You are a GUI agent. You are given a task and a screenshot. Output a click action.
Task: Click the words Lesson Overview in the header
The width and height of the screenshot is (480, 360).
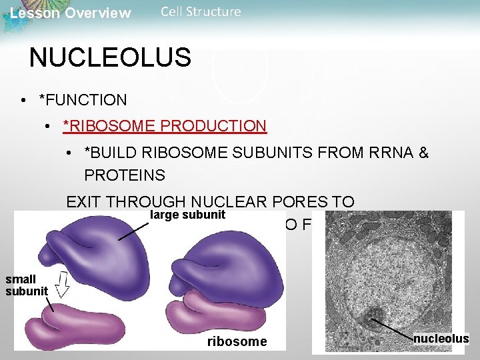(x=71, y=13)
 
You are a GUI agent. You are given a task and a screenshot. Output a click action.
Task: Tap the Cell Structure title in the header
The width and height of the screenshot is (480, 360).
(x=201, y=12)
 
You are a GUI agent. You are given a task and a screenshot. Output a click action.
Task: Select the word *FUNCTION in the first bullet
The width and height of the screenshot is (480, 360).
(x=83, y=100)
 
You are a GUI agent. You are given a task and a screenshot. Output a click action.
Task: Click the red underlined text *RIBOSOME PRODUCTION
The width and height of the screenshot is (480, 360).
(x=165, y=126)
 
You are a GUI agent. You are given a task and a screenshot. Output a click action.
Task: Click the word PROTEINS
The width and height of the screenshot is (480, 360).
(x=125, y=175)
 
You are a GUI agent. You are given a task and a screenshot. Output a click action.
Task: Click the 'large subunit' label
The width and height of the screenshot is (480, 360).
(x=187, y=215)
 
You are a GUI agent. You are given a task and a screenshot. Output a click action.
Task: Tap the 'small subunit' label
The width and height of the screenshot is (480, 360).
(x=27, y=285)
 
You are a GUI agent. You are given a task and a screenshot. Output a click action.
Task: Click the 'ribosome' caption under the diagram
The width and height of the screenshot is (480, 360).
(x=237, y=342)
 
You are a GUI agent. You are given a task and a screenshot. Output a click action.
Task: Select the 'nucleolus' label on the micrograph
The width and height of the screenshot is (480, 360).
(x=441, y=339)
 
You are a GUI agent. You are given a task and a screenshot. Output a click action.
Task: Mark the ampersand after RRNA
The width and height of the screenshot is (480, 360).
(x=423, y=153)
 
